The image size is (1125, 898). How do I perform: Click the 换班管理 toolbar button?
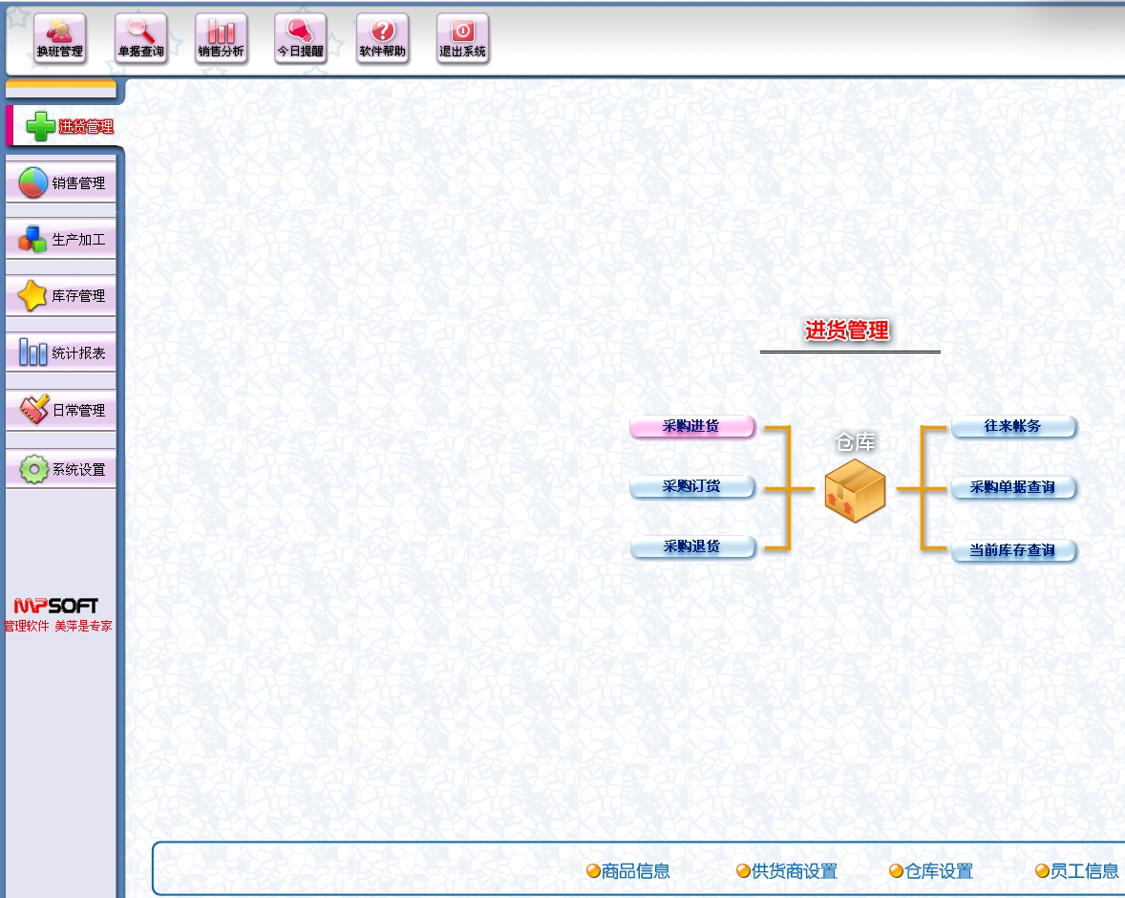click(59, 39)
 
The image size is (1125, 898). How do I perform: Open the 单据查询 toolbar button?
click(140, 39)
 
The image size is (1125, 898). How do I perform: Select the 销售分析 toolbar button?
click(221, 39)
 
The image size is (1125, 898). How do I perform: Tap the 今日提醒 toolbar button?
click(300, 39)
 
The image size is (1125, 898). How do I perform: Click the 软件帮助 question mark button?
click(382, 39)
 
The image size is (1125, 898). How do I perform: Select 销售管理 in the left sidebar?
click(61, 183)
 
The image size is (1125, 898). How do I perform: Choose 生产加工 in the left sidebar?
click(61, 240)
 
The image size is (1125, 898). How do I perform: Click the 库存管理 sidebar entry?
click(61, 296)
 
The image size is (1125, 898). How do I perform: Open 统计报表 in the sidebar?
click(61, 353)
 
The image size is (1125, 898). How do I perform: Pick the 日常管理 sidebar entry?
click(61, 411)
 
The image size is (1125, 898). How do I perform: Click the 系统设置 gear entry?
click(61, 469)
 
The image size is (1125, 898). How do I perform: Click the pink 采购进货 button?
click(691, 427)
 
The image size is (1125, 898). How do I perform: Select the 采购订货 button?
click(691, 487)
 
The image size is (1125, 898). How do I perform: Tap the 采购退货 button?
click(691, 547)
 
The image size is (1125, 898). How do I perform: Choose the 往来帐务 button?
click(1013, 427)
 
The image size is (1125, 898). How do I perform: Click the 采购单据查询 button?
click(1013, 488)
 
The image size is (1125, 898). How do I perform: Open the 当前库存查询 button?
click(1013, 551)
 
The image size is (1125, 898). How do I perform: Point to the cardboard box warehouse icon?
click(855, 490)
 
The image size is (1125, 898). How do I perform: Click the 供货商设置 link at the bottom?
click(787, 871)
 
